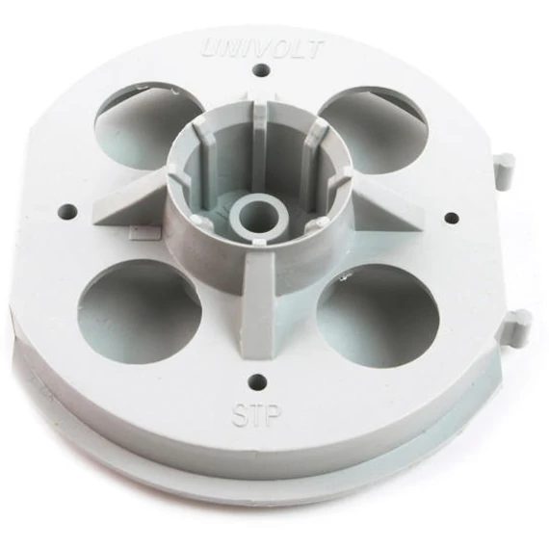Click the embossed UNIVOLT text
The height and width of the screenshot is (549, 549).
click(x=263, y=49)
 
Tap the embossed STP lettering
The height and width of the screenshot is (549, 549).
click(x=256, y=415)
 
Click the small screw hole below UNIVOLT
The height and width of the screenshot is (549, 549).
click(x=263, y=70)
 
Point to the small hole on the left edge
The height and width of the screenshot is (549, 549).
click(x=69, y=211)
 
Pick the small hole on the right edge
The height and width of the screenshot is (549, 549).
click(x=452, y=218)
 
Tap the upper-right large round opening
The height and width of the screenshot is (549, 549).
click(x=375, y=130)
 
